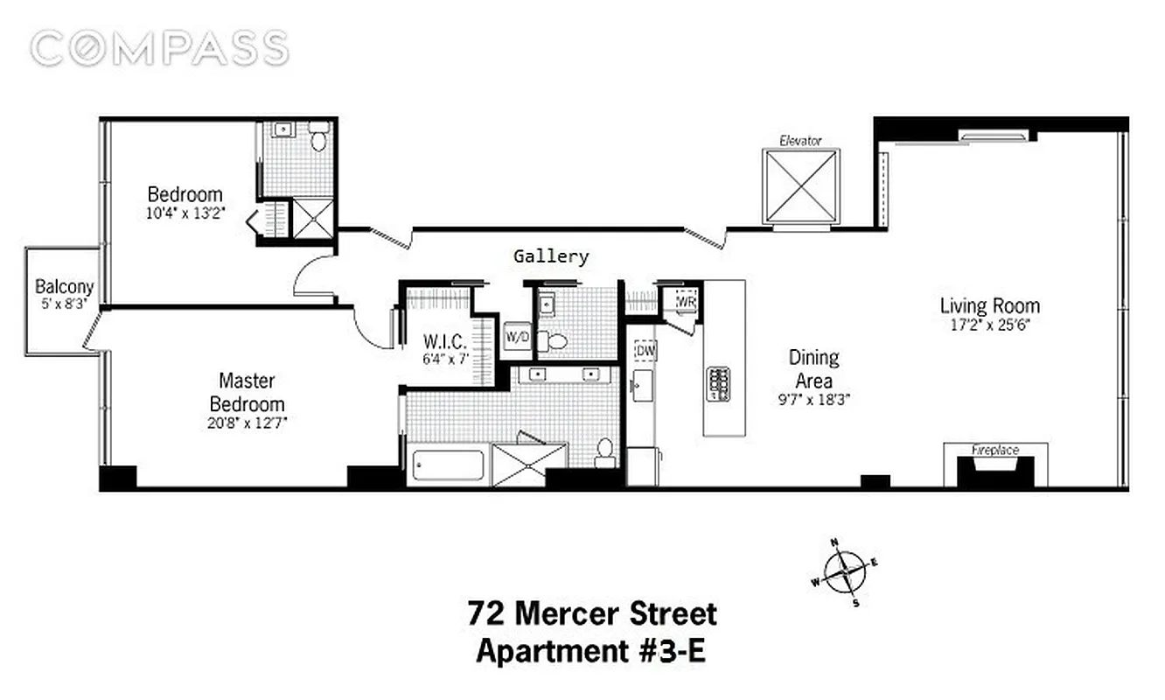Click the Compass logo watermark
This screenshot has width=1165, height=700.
tap(159, 48)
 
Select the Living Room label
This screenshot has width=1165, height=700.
tap(989, 306)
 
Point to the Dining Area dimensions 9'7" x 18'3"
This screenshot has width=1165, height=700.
tap(813, 398)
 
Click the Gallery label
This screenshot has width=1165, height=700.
tap(550, 256)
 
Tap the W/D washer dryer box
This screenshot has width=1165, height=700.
tap(517, 335)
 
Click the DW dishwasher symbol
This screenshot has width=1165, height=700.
tap(645, 351)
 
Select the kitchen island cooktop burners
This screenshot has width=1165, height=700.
tap(719, 383)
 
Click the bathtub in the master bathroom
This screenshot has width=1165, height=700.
tap(446, 464)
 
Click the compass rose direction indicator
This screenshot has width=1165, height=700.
tap(845, 574)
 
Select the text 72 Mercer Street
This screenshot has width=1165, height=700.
tap(592, 613)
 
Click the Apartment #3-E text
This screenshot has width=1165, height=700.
tap(590, 653)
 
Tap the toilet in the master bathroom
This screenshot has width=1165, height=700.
tap(603, 452)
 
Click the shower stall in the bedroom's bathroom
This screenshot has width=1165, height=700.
tap(312, 218)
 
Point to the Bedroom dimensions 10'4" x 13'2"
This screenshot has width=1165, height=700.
tap(186, 212)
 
